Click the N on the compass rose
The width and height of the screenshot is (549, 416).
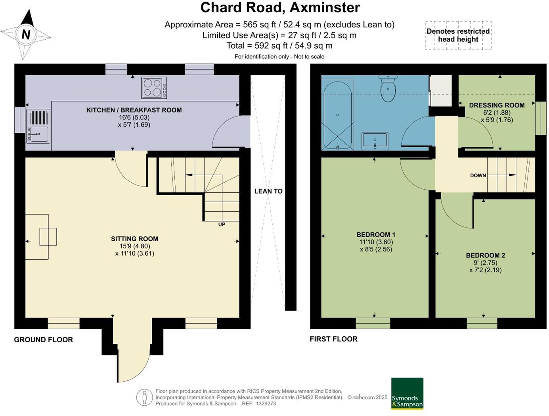pos(26,34)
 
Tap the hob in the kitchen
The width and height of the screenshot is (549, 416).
pos(154,88)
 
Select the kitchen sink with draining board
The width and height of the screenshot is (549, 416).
pos(38,127)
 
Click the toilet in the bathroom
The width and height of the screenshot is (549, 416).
pos(388,88)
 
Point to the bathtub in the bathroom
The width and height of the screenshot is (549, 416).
pos(338,115)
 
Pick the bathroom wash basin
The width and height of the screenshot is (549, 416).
pos(375,141)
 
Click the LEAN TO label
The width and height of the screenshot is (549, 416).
pos(268,192)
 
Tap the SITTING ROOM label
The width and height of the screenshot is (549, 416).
pos(134,239)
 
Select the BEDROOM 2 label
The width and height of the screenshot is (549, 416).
pos(486,255)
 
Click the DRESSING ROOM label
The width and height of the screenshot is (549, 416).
pos(497,105)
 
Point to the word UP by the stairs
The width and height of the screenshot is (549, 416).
pos(222,224)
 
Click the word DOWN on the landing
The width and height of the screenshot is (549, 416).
pos(478,176)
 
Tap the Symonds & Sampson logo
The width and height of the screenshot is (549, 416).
pos(407,393)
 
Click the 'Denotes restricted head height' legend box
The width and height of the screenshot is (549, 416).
pos(458,35)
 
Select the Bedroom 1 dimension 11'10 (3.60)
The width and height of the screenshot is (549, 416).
pos(376,242)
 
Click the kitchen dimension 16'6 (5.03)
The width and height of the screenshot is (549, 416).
pos(134,117)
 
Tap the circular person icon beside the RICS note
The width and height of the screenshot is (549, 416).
pos(144,397)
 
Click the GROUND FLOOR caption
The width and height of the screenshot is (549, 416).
pos(44,340)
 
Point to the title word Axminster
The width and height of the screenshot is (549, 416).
pos(325,8)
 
